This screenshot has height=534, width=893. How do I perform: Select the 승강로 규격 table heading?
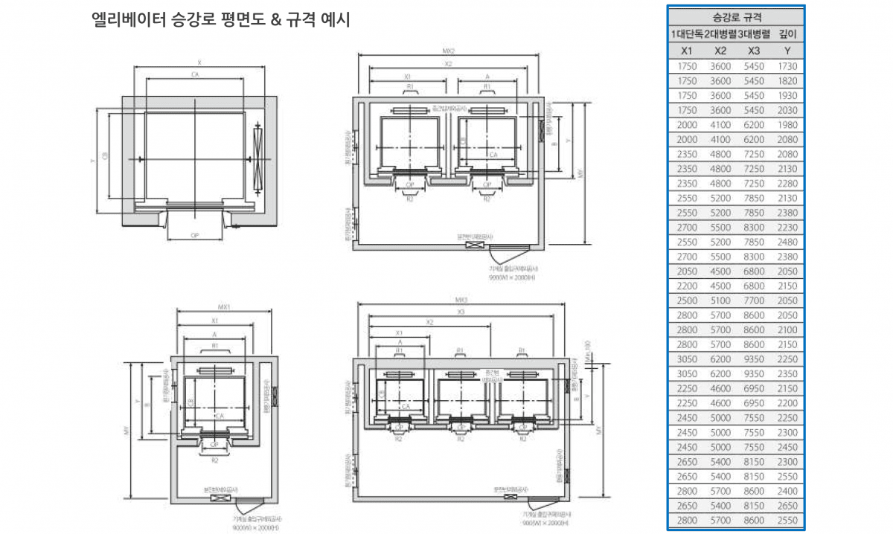pos(736,16)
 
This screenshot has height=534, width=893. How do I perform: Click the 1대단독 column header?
pos(687,34)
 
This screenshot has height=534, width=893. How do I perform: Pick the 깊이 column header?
pos(787,34)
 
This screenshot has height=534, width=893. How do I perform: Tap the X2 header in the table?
pos(720,51)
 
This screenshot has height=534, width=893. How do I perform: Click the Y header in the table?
pos(787,51)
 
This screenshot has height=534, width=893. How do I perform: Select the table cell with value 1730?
pos(787,66)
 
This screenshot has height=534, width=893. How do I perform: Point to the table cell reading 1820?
pos(787,81)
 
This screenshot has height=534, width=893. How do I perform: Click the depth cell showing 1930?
pos(787,96)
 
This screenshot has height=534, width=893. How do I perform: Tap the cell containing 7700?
pos(754,300)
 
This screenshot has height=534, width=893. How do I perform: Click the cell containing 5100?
pos(720,300)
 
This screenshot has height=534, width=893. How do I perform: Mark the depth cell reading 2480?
pos(787,242)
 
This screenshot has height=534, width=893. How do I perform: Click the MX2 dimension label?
pos(449,51)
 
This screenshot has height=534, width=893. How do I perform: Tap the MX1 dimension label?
pos(224,306)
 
